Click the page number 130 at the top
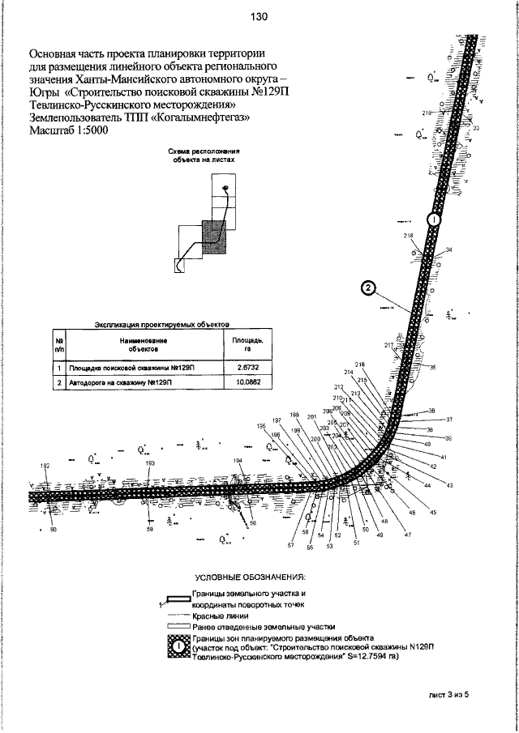(259, 16)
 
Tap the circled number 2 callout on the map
(367, 287)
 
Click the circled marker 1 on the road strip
(434, 219)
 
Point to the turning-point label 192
(45, 466)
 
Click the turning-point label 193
(150, 462)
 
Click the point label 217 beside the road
(388, 345)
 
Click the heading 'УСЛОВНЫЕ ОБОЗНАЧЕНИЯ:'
(250, 577)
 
